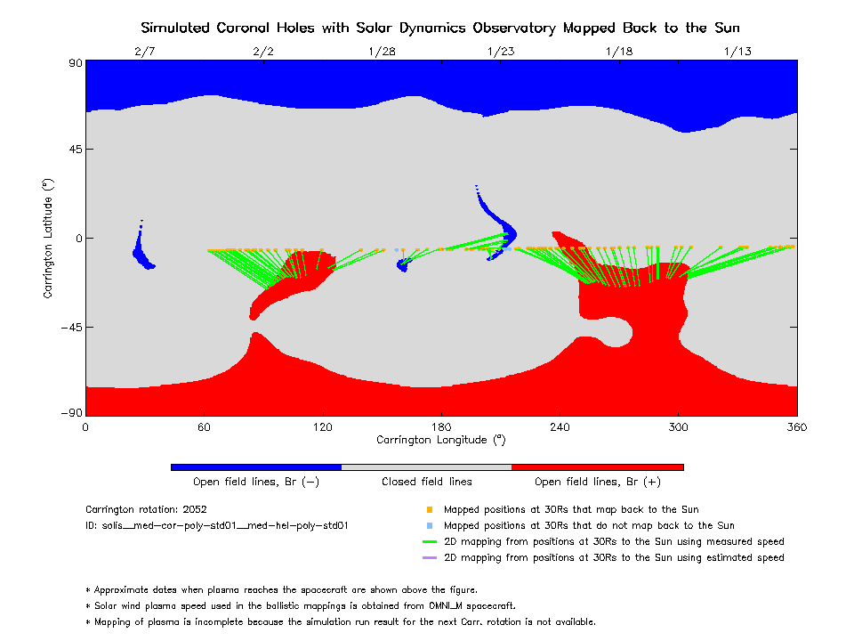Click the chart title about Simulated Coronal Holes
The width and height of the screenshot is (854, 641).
tap(441, 28)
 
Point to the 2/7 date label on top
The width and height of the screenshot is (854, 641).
tap(144, 52)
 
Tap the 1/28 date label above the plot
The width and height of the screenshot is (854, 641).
tap(382, 52)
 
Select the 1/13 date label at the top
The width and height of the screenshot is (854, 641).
tap(737, 52)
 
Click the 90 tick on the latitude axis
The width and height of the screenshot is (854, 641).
tap(75, 62)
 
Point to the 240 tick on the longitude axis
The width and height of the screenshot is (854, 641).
tap(560, 427)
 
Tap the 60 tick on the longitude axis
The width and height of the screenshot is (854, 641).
tap(204, 427)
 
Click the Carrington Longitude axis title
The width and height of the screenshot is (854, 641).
tap(441, 440)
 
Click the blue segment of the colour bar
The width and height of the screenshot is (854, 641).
tap(256, 467)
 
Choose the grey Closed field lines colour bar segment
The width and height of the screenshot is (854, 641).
tap(427, 467)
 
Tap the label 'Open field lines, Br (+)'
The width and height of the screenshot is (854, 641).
tap(597, 483)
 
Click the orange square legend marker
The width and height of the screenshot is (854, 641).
tap(430, 510)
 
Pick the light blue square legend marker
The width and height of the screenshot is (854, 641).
tap(430, 526)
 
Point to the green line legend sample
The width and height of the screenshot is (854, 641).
tap(430, 542)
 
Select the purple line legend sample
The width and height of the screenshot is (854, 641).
tap(430, 558)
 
